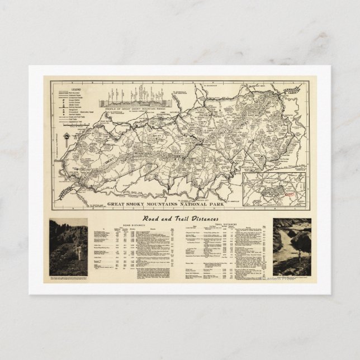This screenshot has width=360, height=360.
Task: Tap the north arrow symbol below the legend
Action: (67, 136)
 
